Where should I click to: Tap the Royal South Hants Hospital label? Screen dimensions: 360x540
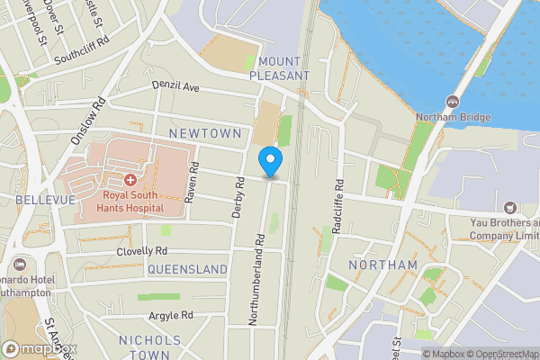click(x=133, y=202)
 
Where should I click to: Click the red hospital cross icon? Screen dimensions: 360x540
click(x=130, y=181)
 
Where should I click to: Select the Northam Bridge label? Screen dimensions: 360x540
click(x=453, y=117)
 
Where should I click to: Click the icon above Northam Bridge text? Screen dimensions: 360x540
click(x=453, y=100)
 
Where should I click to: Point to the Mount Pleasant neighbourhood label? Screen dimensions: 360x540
click(x=282, y=68)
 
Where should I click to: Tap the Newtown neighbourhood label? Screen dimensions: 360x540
click(x=205, y=133)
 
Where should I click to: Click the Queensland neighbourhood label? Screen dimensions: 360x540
click(x=187, y=269)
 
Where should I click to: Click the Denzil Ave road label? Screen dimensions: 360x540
click(x=175, y=88)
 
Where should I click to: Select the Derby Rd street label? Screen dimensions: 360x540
click(x=239, y=196)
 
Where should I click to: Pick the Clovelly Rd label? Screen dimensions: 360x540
click(x=142, y=251)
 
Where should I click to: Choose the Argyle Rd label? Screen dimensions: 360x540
click(x=171, y=315)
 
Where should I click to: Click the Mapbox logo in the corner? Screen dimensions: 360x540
click(x=40, y=349)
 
